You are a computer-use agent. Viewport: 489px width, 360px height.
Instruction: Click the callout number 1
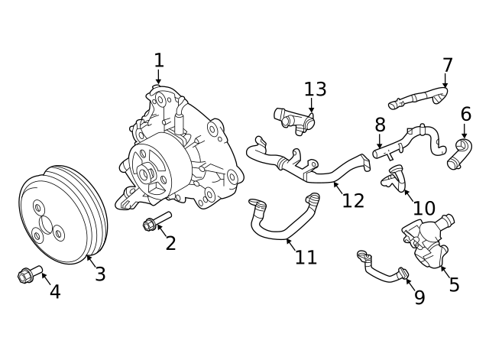(159, 60)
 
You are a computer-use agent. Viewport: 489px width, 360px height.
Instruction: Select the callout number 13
(315, 89)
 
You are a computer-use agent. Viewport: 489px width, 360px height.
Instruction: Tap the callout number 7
(448, 66)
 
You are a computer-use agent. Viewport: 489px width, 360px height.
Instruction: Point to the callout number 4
(55, 291)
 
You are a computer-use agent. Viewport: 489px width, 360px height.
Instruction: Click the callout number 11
(306, 258)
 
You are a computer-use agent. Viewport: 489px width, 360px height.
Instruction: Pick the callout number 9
(419, 297)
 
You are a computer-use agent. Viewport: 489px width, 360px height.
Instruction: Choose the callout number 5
(454, 285)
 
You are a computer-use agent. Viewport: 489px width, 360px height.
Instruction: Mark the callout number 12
(353, 200)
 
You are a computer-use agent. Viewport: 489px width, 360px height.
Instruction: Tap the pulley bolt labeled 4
(28, 274)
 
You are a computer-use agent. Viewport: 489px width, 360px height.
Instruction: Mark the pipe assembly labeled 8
(405, 141)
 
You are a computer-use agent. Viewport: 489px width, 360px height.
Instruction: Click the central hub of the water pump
(145, 173)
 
